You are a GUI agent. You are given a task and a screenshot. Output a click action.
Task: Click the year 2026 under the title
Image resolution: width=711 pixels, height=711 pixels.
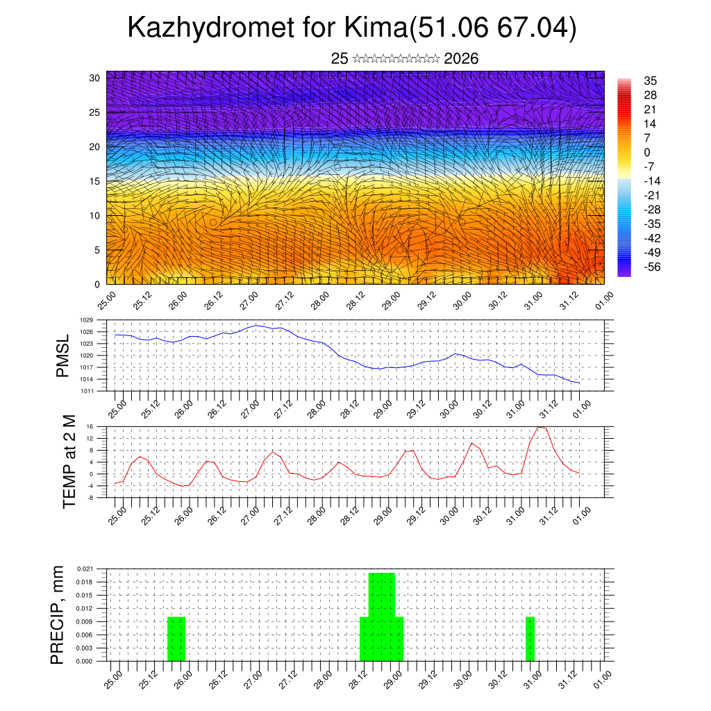coord(461,58)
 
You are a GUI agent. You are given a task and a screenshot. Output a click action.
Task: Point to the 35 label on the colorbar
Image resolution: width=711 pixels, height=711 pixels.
coord(651,81)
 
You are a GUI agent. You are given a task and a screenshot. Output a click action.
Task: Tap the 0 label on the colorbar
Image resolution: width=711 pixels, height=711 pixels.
coord(647,152)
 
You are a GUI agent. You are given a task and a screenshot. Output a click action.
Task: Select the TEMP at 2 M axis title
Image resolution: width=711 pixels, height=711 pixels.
coord(69,461)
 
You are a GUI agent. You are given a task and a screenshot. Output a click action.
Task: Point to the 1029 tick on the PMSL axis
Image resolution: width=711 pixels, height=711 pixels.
coord(86,320)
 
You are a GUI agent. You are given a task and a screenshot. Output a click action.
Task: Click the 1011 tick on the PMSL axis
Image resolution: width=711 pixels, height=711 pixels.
coord(86,391)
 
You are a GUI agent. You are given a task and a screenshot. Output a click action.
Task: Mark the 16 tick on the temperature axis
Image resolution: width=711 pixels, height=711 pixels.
coord(89,426)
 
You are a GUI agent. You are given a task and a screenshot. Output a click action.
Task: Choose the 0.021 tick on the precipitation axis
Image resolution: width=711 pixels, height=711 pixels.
coord(84,569)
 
